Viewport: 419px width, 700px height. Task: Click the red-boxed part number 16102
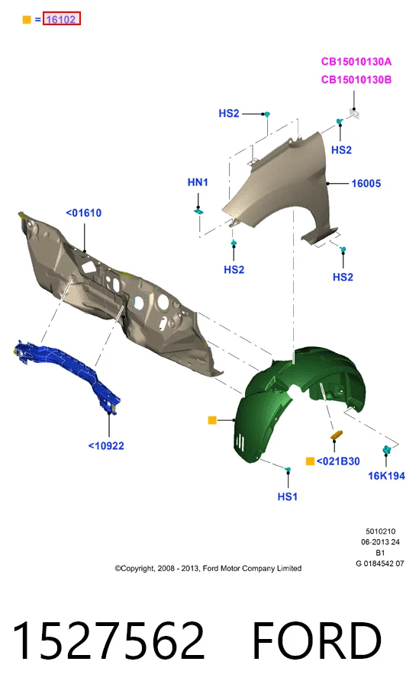(61, 19)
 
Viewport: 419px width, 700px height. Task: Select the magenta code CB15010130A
(356, 62)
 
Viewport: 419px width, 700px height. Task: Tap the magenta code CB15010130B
(356, 79)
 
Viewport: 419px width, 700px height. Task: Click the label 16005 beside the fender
(366, 184)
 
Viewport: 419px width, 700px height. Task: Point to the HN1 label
(198, 182)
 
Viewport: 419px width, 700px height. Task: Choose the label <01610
(83, 213)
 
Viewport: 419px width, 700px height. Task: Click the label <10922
(106, 445)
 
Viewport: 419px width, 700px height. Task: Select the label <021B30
(338, 461)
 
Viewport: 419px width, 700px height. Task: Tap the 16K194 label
(386, 476)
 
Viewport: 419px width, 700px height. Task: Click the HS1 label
(287, 496)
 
